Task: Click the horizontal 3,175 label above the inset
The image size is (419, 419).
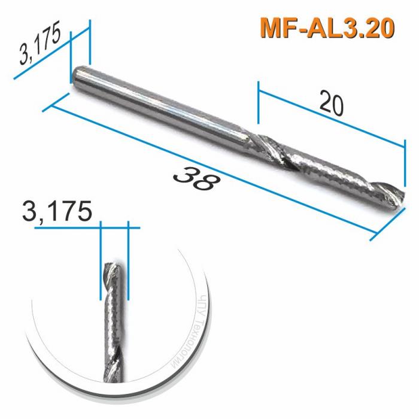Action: [x=57, y=212]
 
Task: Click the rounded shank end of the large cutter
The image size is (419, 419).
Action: [x=77, y=78]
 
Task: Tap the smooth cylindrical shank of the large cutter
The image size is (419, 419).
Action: [x=162, y=108]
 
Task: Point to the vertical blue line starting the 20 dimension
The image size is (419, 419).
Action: [x=258, y=108]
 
